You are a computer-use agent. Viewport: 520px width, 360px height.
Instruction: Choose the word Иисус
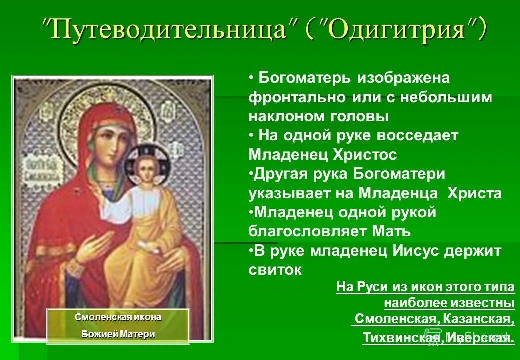click(412, 251)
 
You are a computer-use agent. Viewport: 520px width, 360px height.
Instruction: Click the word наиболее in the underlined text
click(415, 303)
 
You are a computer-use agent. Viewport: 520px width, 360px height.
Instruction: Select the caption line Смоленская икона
click(118, 318)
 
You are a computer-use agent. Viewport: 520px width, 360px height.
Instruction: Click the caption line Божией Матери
click(118, 334)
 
